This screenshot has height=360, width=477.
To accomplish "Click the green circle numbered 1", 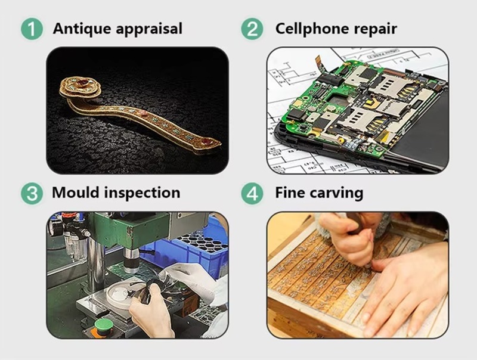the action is tap(32, 29).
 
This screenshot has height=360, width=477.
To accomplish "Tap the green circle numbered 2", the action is tap(252, 29).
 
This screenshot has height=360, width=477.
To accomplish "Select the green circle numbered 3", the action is tap(32, 193).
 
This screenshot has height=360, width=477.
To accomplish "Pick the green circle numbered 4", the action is tap(252, 193).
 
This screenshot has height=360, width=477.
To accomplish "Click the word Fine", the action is tap(289, 193).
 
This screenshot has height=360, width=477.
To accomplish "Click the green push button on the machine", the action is tap(103, 325).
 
